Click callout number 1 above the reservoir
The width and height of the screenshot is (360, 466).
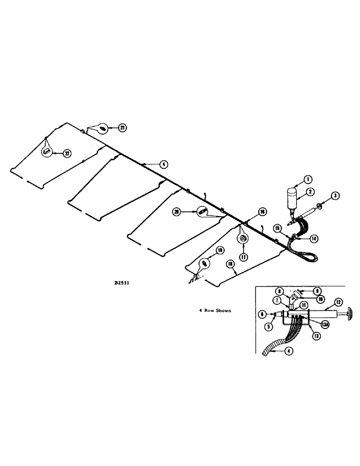(x=308, y=178)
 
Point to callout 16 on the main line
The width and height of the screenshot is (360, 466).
(x=263, y=212)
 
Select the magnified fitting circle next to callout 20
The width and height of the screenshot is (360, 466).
(x=202, y=211)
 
